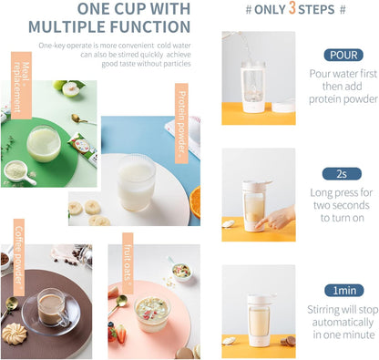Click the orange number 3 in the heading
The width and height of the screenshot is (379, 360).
[x=292, y=8]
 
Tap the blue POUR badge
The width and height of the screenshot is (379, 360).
[x=343, y=55]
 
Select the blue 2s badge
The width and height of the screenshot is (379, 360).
[x=342, y=174]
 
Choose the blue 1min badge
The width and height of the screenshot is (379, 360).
[x=344, y=291]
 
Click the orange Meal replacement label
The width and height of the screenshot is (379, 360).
[x=21, y=86]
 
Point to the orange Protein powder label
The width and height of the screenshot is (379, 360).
[x=181, y=123]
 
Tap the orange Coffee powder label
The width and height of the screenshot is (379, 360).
[x=19, y=257]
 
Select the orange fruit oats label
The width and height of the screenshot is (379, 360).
[x=128, y=263]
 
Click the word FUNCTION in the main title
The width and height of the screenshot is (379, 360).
[x=150, y=26]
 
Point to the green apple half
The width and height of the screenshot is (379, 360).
[x=71, y=88]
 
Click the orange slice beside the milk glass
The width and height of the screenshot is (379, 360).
[x=195, y=202]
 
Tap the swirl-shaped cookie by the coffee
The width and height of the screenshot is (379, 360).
[x=15, y=334]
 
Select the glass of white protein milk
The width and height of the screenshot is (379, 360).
[x=136, y=182]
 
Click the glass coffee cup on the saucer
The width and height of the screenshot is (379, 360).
[x=52, y=307]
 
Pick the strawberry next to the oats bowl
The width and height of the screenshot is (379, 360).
[x=120, y=334]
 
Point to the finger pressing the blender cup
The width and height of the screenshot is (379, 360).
[x=261, y=225]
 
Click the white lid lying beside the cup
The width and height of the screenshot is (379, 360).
[x=283, y=107]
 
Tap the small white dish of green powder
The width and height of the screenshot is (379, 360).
[x=19, y=172]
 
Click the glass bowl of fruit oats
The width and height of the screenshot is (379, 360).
[x=152, y=314]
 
